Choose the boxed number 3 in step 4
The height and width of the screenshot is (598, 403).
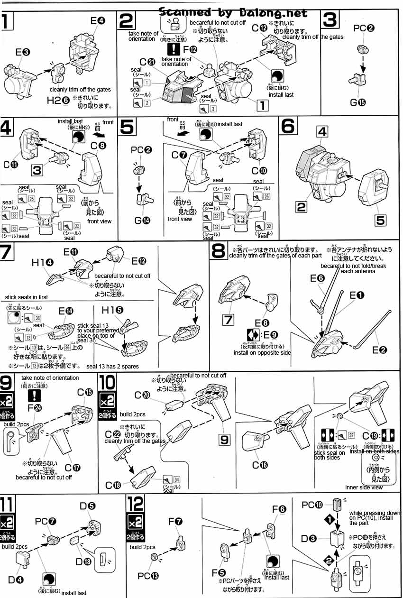(x=41, y=169)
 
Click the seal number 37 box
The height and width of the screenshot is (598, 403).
(x=351, y=435)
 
